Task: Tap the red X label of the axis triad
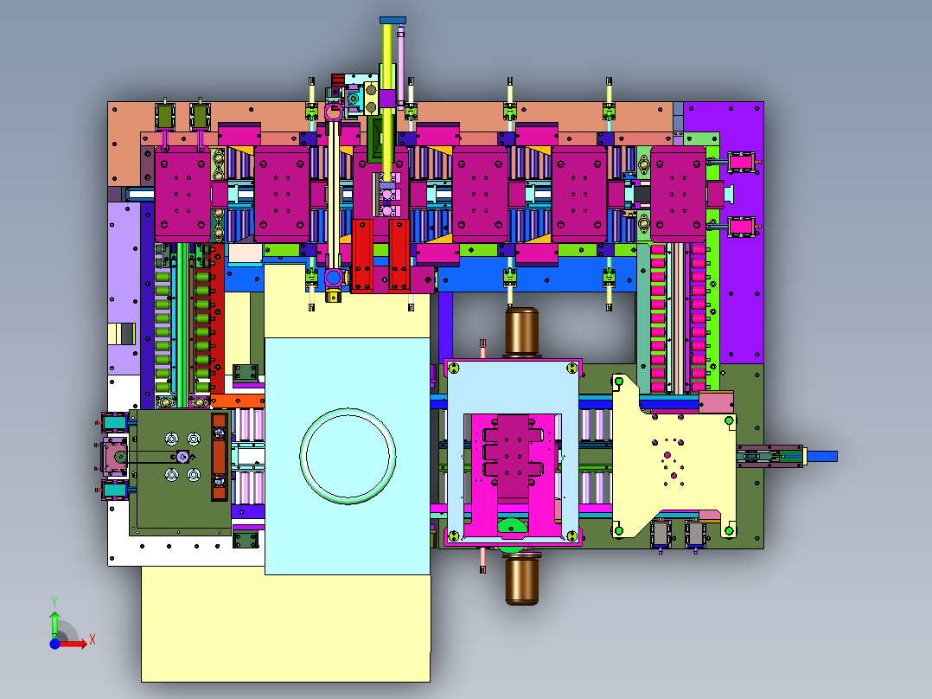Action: (93, 640)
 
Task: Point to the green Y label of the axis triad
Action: (54, 602)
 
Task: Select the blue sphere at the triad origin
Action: (55, 644)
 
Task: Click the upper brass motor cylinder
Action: (522, 331)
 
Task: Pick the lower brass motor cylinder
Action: (522, 579)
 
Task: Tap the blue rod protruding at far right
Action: (821, 456)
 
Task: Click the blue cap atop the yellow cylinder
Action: (393, 20)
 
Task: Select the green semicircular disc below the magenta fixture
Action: (512, 528)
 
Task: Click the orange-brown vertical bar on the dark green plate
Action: (220, 456)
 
